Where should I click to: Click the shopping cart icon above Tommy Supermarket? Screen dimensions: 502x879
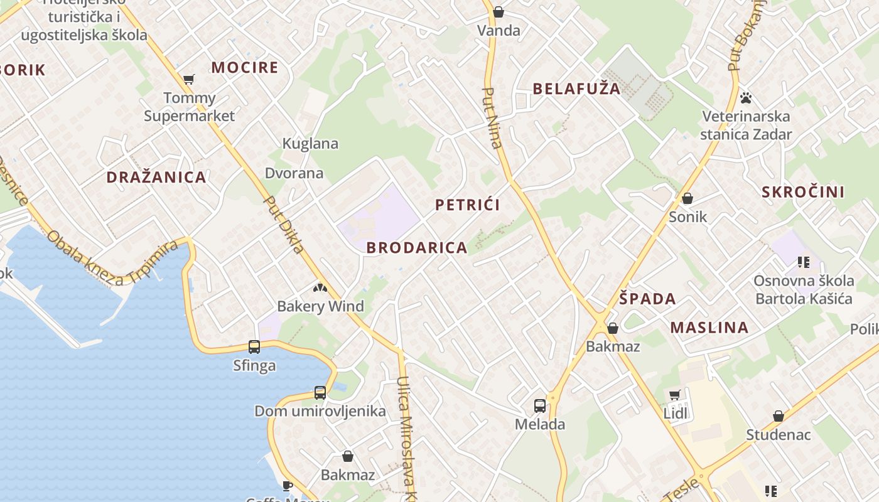point(188,80)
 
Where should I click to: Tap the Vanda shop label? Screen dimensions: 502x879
point(499,31)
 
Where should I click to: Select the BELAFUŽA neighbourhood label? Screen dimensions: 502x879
point(576,88)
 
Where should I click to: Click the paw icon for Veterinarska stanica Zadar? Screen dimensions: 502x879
point(746,98)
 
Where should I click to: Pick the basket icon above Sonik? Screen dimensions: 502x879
point(688,199)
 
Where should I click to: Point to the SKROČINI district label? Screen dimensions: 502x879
point(803,192)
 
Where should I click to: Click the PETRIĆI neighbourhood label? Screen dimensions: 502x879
point(468,205)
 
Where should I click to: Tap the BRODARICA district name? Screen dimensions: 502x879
point(417,248)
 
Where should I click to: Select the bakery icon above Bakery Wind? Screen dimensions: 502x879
point(320,288)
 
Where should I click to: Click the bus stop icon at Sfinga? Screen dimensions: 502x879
point(254,347)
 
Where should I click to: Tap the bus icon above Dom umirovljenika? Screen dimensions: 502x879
point(320,393)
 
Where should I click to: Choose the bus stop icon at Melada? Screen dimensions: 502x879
point(540,406)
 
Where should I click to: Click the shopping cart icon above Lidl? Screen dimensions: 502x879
point(675,395)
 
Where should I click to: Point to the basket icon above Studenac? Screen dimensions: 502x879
point(779,416)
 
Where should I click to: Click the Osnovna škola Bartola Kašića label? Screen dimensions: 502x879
point(804,289)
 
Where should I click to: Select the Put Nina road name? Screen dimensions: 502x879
point(492,118)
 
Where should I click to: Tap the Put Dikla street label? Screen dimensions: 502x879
point(284,225)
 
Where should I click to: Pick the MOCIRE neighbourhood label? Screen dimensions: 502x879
point(244,68)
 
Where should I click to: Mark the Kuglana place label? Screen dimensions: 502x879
point(310,144)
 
